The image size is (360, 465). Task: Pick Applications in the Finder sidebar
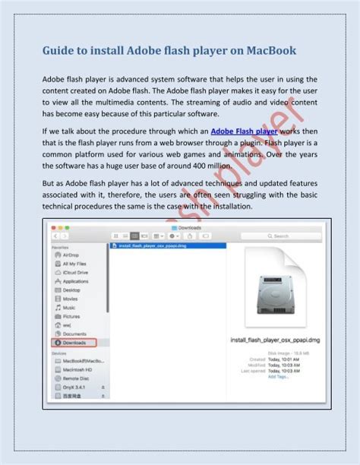[x=77, y=281]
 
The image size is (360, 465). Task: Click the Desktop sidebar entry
[x=72, y=289]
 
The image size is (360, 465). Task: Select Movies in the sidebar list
[x=71, y=299]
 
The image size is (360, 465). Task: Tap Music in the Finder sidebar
[x=70, y=307]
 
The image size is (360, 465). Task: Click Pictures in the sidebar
[x=72, y=316]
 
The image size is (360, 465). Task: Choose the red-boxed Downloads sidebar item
[x=74, y=342]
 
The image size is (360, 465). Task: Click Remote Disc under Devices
[x=77, y=377]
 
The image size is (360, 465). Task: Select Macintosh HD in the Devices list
[x=78, y=369]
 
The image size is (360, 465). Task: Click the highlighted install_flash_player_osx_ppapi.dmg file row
[x=152, y=246]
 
